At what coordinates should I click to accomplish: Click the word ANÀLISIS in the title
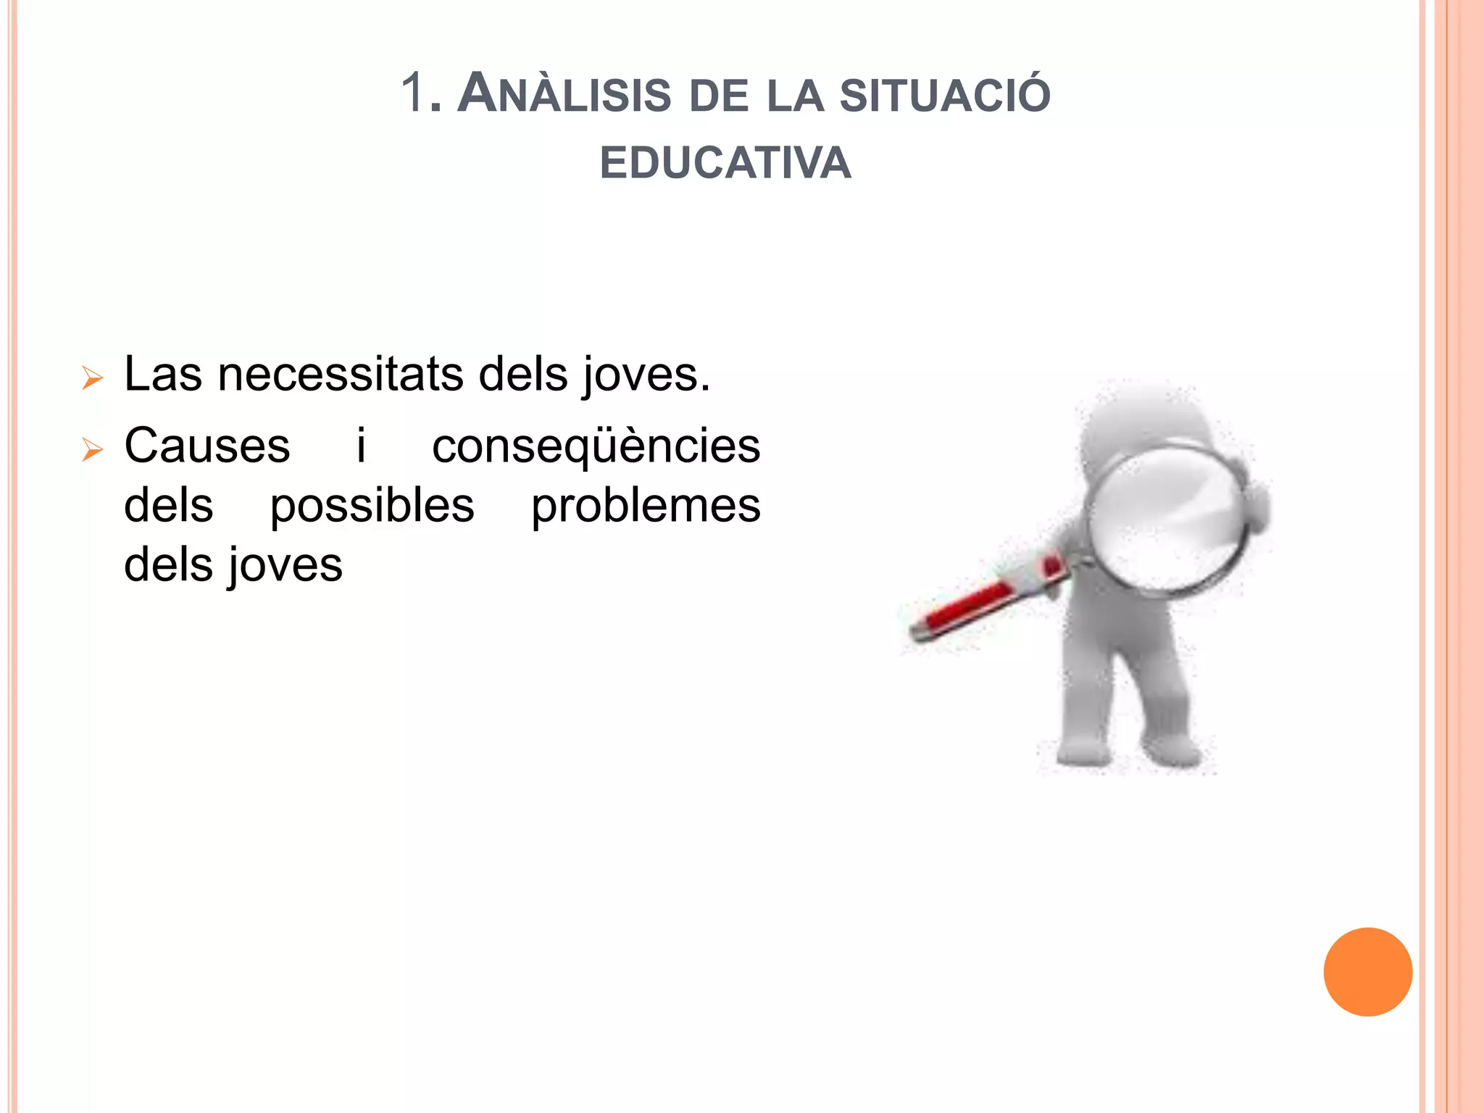coord(564,94)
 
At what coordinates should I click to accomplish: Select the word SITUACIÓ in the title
coord(945,94)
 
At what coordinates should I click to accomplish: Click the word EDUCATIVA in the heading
coord(725,162)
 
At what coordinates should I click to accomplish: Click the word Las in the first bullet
coord(163,375)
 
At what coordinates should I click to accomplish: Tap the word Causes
coord(207,445)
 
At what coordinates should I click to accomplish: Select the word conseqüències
coord(596,445)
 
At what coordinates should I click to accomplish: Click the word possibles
coord(372,506)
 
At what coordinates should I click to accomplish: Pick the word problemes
coord(646,506)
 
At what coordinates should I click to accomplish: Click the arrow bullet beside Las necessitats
coord(92,378)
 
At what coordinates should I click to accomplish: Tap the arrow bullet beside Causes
coord(92,449)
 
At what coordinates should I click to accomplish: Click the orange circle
coord(1367,972)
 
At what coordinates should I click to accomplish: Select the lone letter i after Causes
coord(361,445)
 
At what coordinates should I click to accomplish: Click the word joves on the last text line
coord(285,566)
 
